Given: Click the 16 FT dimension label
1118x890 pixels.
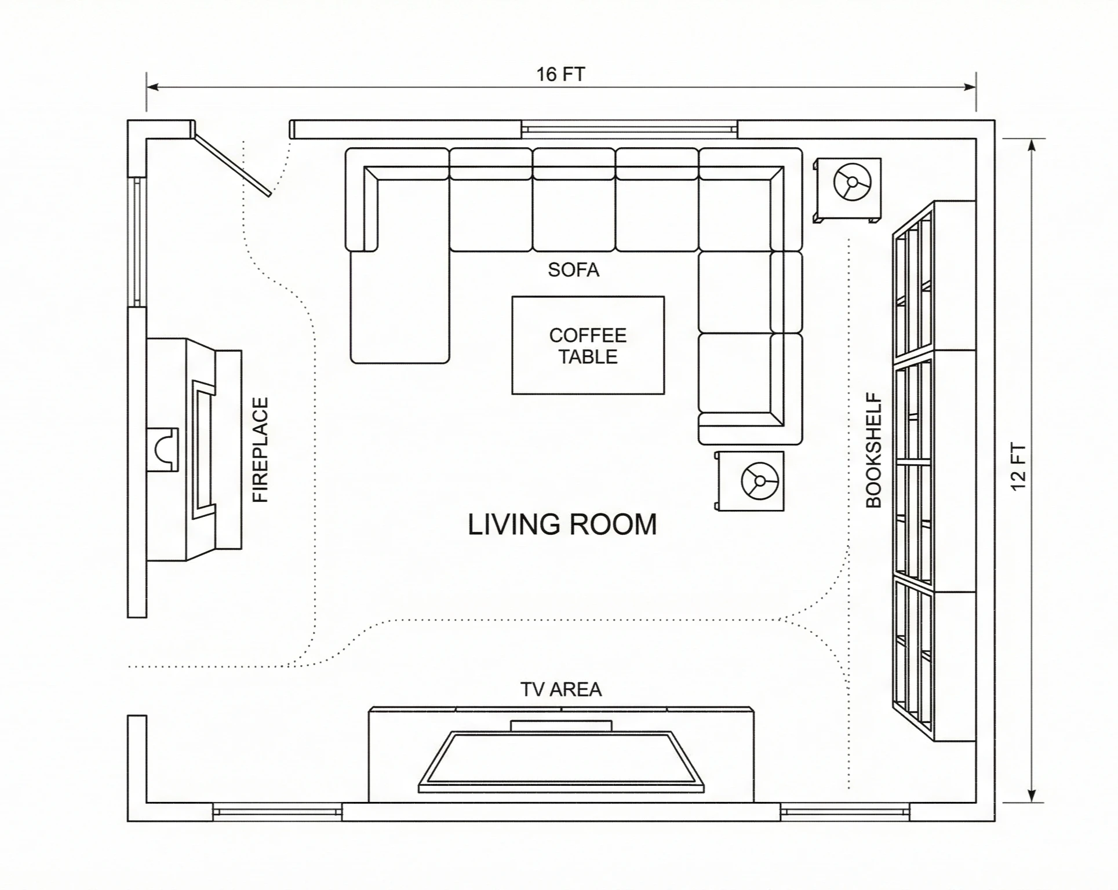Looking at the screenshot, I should click(560, 75).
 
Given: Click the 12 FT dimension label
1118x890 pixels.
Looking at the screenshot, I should click(1018, 467).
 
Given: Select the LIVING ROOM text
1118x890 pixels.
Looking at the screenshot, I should click(562, 524).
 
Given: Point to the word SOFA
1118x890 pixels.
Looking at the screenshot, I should click(573, 270).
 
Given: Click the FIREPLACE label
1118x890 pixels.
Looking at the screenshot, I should click(261, 450).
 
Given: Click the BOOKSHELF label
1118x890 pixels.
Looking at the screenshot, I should click(873, 451).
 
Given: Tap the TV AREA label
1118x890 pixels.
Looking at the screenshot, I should click(560, 690).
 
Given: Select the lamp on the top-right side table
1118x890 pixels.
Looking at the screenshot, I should click(851, 182).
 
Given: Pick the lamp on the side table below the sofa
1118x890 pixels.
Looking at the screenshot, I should click(759, 480).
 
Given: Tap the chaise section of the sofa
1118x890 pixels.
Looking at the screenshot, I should click(399, 307).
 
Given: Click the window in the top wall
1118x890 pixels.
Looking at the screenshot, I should click(629, 129).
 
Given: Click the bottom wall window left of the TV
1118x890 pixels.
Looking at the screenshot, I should click(276, 812).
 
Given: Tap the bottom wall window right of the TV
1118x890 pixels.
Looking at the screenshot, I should click(844, 812).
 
